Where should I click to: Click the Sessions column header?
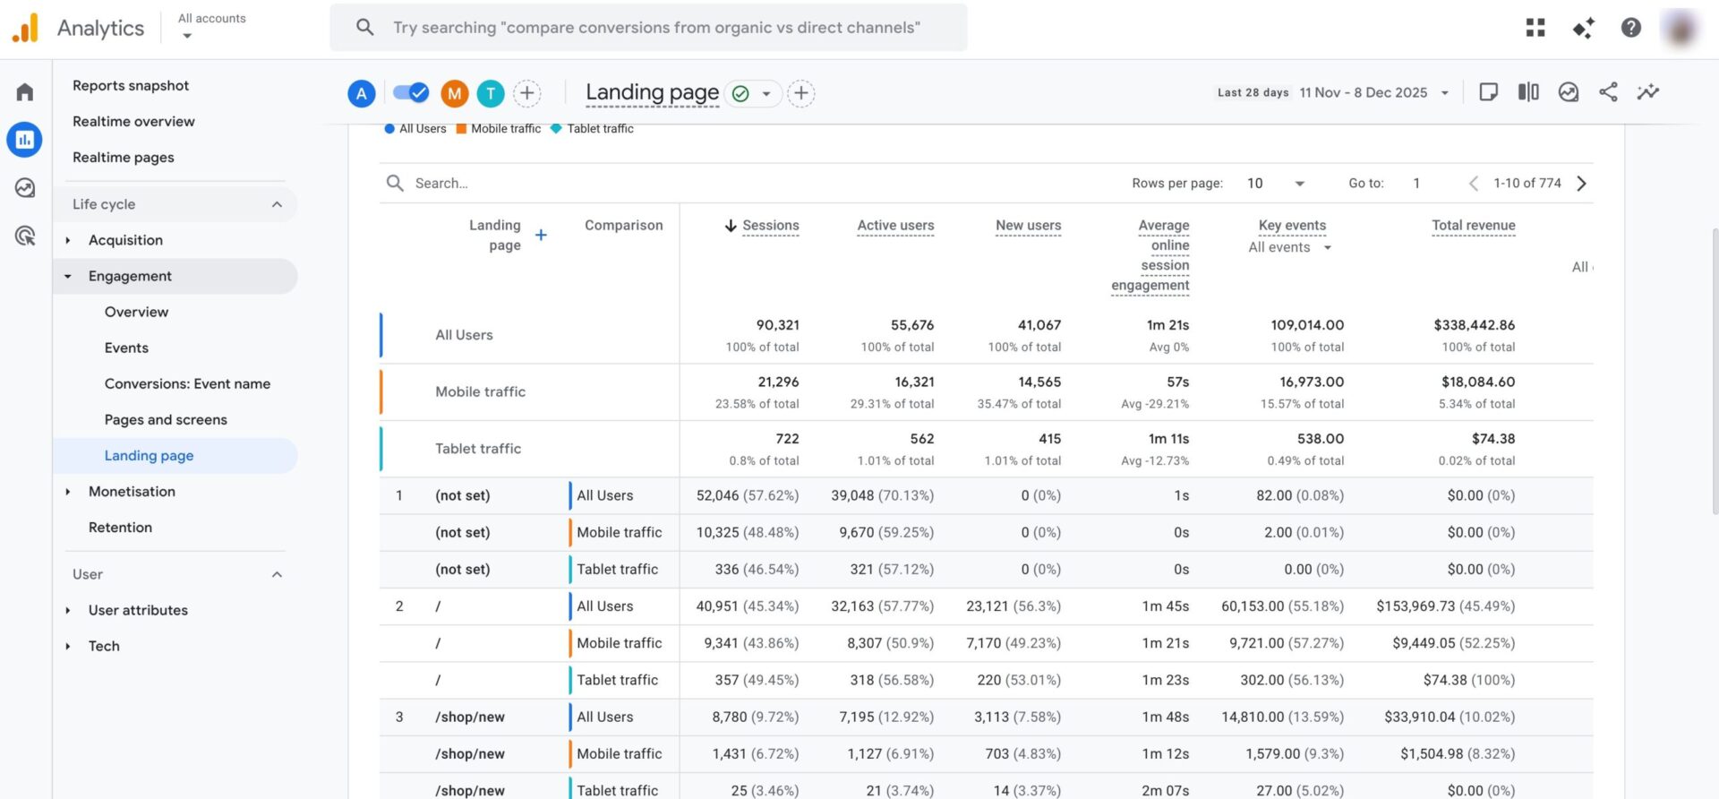click(770, 226)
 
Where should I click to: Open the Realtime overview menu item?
click(133, 121)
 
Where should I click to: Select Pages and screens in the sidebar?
click(166, 419)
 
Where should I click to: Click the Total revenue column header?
click(1473, 226)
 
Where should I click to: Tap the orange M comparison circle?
click(455, 93)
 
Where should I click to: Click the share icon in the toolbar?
click(1608, 92)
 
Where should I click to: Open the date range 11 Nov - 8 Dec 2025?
click(1364, 92)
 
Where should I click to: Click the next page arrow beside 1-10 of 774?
click(1582, 184)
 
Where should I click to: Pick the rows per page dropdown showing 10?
click(1275, 184)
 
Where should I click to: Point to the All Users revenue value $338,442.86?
click(1474, 325)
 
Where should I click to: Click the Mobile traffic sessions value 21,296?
click(778, 382)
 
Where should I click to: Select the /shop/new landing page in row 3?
click(470, 717)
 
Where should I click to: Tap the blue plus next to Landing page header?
click(541, 235)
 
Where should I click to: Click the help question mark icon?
click(1630, 28)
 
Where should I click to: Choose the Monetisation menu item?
click(132, 491)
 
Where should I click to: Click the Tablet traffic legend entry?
click(599, 129)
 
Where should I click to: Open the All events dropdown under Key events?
click(1290, 247)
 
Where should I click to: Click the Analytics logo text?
click(100, 28)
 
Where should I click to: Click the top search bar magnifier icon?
click(364, 27)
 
